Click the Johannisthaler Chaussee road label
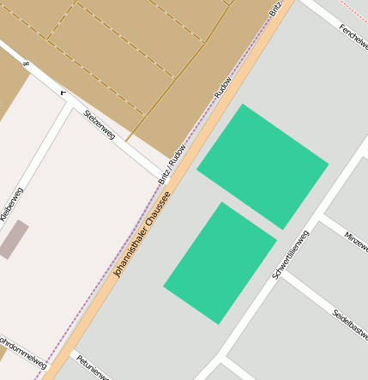[x=142, y=234]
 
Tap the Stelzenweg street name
[x=100, y=124]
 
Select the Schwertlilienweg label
[x=290, y=255]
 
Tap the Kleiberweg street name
[x=12, y=205]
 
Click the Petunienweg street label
[x=91, y=367]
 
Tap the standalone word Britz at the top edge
[x=274, y=9]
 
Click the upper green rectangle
[x=262, y=166]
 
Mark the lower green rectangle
[x=220, y=262]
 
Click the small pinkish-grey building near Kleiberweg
[x=14, y=239]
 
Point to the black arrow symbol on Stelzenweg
[x=63, y=92]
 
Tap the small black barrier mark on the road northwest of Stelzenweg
[x=27, y=63]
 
